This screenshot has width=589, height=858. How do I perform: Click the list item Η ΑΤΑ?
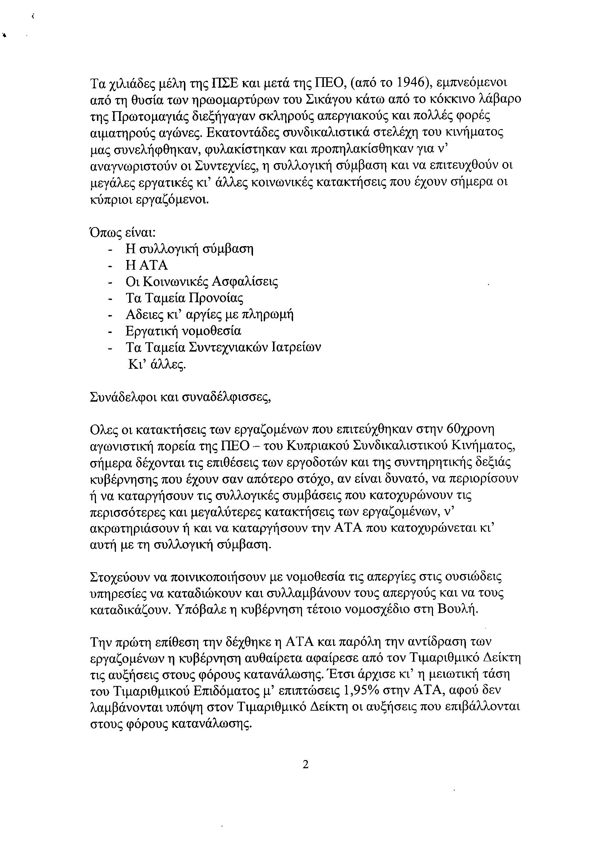147,265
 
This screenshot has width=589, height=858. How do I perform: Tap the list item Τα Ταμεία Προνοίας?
184,298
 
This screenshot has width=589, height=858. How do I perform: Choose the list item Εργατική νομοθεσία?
183,331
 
